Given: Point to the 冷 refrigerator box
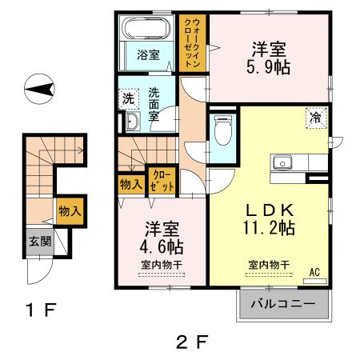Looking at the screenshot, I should [315, 117].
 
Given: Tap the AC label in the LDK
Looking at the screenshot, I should [315, 271].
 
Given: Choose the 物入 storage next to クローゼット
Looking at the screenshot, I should [130, 183].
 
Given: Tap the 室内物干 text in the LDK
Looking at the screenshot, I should [269, 265].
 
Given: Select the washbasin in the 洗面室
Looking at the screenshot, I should [132, 122].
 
